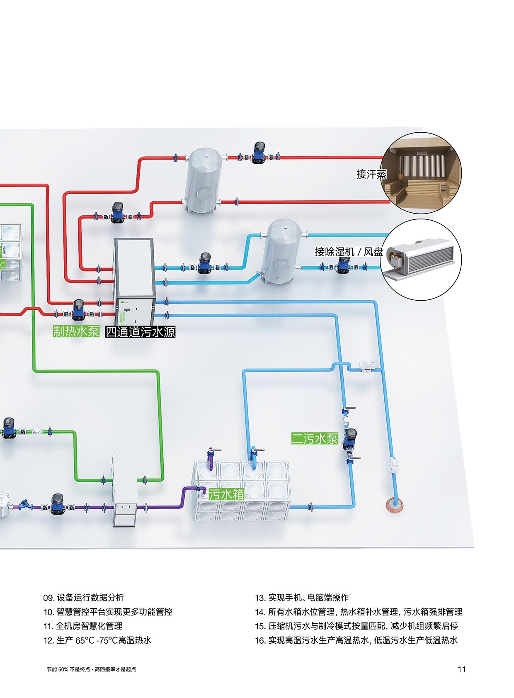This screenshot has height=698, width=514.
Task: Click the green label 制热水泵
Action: click(76, 331)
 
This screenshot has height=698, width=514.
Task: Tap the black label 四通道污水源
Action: click(140, 332)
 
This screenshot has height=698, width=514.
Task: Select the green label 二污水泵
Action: click(315, 438)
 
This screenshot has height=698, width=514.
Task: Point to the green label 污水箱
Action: click(226, 494)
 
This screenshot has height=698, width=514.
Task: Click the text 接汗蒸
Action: click(371, 174)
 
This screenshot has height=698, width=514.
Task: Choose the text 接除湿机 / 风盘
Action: click(349, 252)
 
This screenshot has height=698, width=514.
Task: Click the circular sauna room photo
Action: click(421, 173)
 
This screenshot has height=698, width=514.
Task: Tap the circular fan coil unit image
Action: click(421, 260)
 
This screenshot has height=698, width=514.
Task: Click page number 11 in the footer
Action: click(461, 669)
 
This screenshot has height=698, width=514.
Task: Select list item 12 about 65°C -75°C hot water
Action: click(97, 640)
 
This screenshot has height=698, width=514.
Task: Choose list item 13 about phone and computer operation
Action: click(302, 597)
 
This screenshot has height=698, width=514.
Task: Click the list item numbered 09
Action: click(84, 597)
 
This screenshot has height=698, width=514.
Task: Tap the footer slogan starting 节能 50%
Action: click(92, 669)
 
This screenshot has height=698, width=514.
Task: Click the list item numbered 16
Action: click(356, 640)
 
